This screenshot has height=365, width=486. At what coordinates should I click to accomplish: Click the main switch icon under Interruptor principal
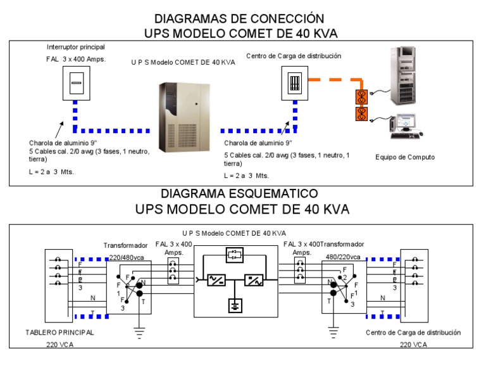75,82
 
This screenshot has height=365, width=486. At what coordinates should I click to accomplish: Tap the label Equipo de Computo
405,157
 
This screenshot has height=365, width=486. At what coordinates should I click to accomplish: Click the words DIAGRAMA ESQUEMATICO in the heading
239,193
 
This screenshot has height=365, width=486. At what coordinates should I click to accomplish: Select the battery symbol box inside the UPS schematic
235,255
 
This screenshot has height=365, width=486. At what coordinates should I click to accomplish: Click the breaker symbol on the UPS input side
173,271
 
